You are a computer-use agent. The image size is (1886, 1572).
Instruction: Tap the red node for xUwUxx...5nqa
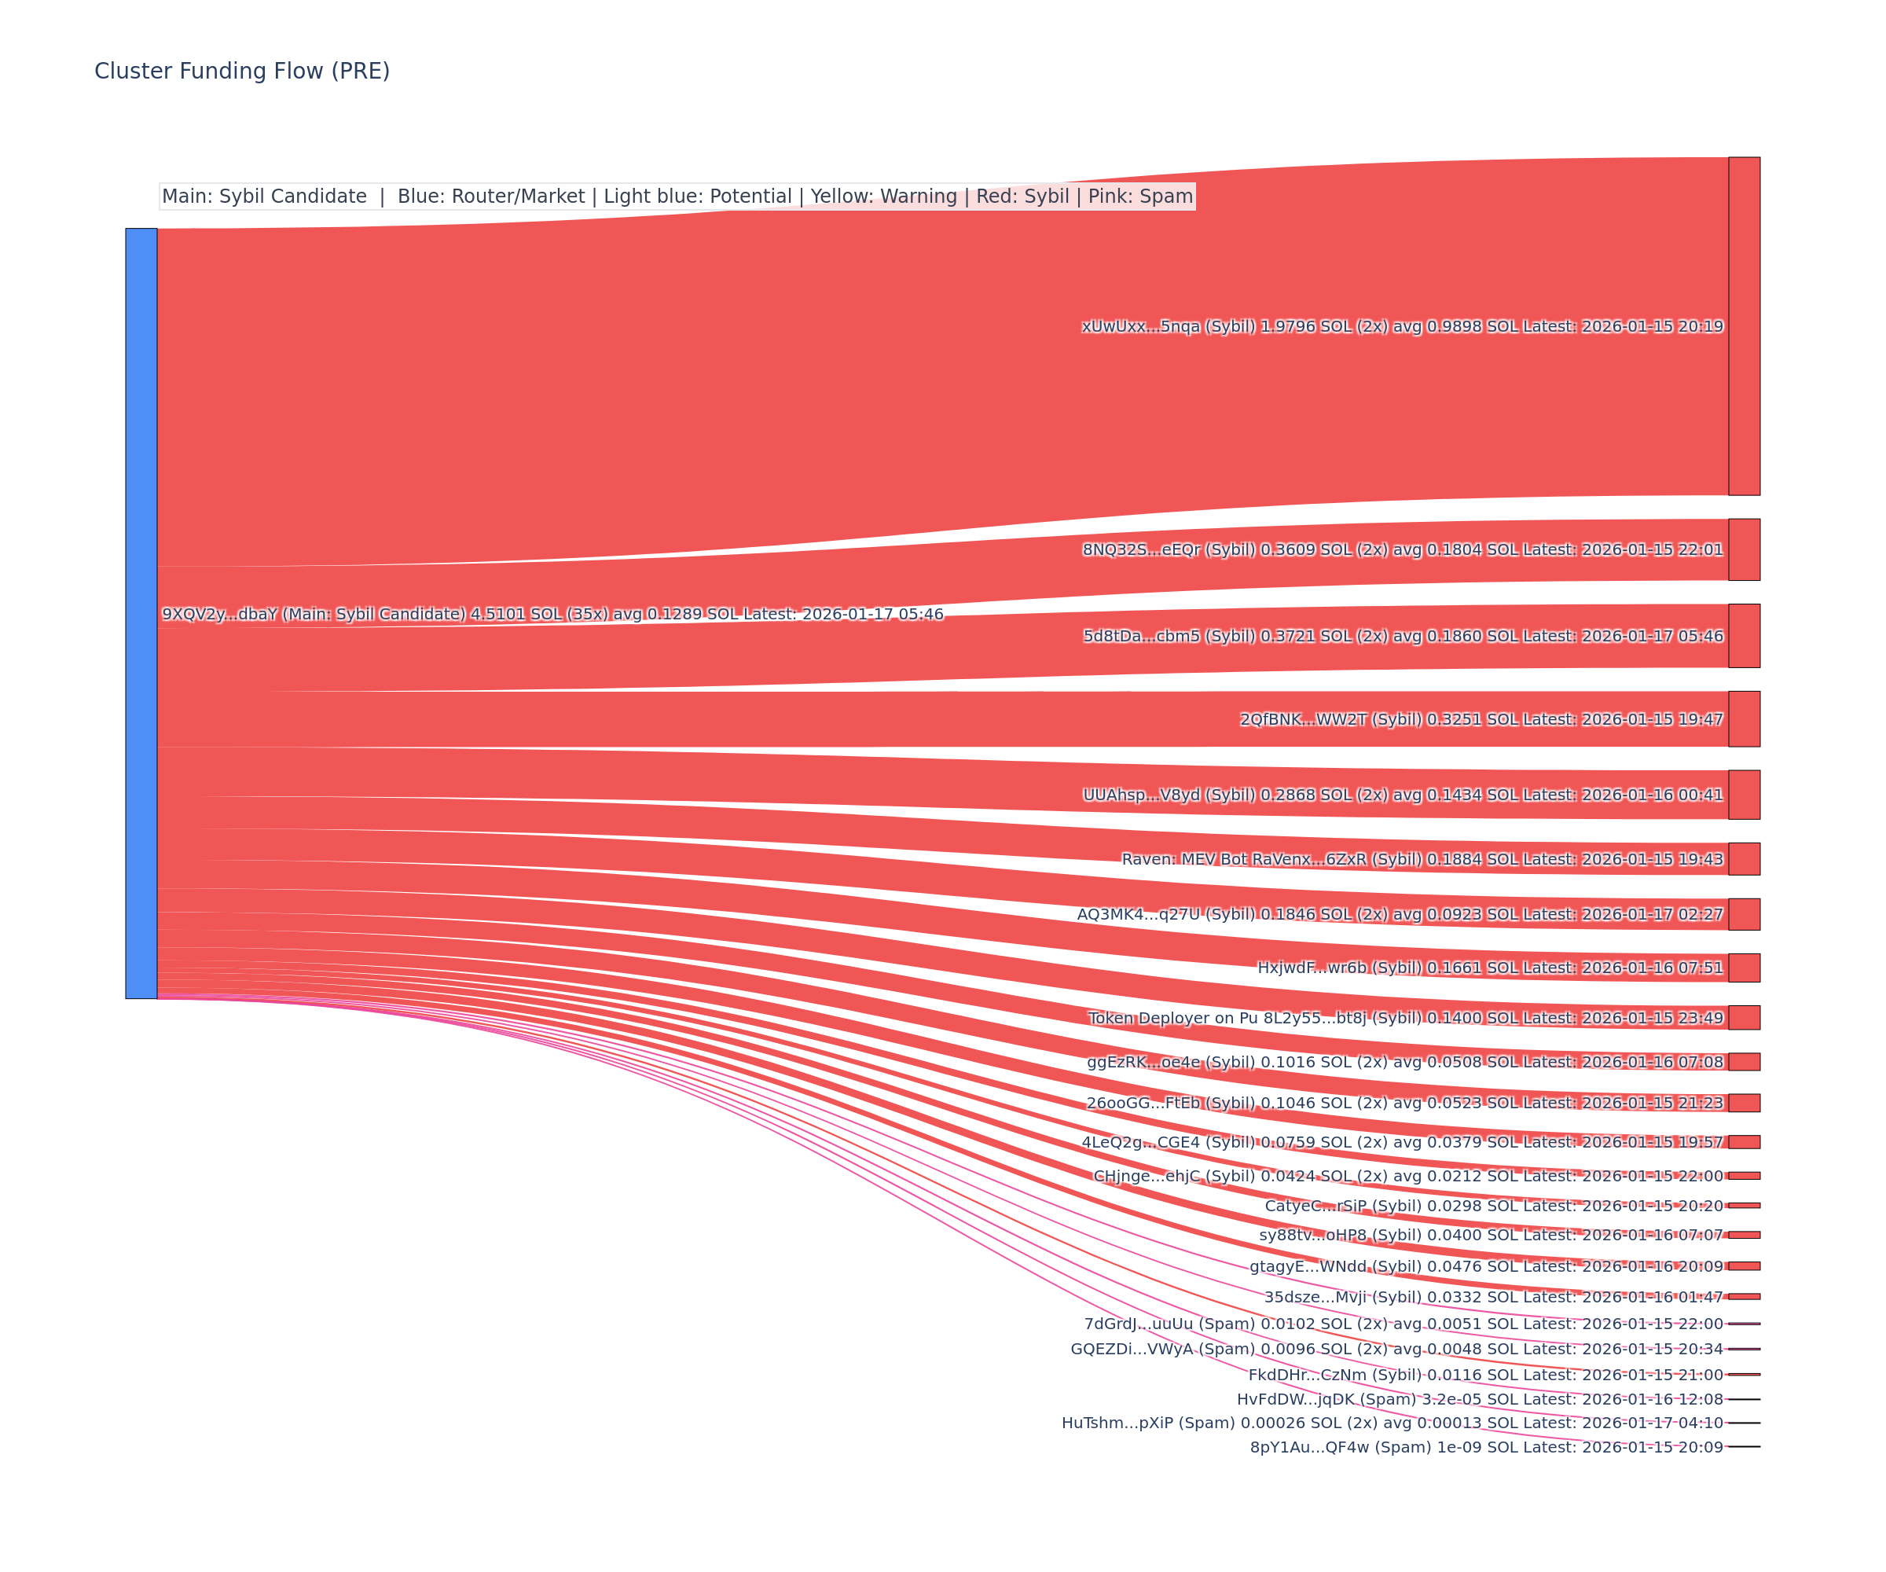click(x=1743, y=326)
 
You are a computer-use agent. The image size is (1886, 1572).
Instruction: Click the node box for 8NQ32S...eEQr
click(x=1743, y=549)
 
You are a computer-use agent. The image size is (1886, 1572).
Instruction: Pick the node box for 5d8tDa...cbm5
click(x=1743, y=636)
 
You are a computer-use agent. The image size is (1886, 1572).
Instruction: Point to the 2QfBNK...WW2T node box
click(x=1743, y=718)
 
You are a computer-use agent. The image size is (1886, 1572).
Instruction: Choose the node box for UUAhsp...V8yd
click(x=1743, y=794)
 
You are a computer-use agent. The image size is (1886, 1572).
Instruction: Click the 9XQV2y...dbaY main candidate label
click(x=552, y=615)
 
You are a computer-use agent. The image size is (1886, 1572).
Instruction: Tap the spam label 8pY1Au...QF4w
click(x=1486, y=1447)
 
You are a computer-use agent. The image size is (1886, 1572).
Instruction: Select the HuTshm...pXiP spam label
click(x=1392, y=1423)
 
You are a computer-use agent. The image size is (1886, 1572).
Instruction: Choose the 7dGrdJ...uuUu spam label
click(x=1403, y=1324)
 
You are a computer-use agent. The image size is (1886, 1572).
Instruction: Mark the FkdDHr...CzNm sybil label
click(x=1485, y=1375)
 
